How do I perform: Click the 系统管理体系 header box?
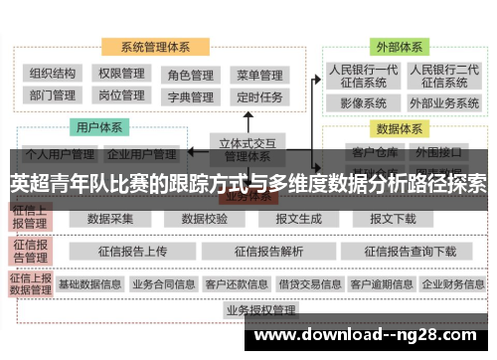156,47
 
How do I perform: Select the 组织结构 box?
54,74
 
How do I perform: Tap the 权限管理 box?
121,74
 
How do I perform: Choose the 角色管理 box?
190,75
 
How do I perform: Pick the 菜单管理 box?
260,75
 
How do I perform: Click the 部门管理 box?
54,96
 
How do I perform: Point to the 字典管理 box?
190,97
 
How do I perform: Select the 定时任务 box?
260,97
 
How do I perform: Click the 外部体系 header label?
398,47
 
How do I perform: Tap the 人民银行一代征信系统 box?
363,77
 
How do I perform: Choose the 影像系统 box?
363,102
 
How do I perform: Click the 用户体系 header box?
99,128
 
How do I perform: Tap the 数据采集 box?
109,219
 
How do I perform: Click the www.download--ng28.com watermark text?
372,334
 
